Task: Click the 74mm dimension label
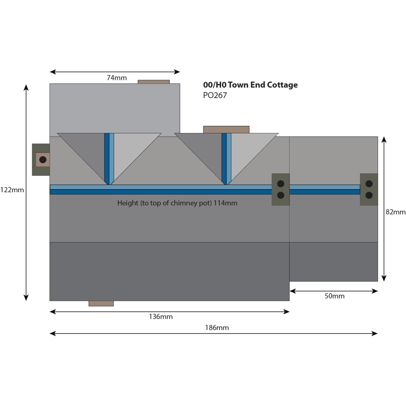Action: tap(117, 78)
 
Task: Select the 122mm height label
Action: tap(12, 190)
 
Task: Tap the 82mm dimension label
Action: tap(395, 212)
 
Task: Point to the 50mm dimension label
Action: tap(334, 296)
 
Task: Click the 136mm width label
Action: tap(161, 317)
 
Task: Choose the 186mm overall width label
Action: tap(217, 328)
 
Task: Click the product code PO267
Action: tap(215, 95)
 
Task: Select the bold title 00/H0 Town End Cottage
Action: tap(250, 85)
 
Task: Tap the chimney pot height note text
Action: tap(177, 203)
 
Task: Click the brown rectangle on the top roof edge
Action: tap(154, 82)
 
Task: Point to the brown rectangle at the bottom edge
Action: tap(101, 303)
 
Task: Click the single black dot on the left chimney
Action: tap(43, 159)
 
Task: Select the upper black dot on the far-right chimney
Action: tap(369, 184)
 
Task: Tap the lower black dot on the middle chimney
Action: tap(281, 195)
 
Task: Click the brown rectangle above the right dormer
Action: tap(226, 129)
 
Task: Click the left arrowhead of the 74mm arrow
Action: tap(52, 72)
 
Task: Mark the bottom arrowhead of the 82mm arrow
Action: tap(384, 279)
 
